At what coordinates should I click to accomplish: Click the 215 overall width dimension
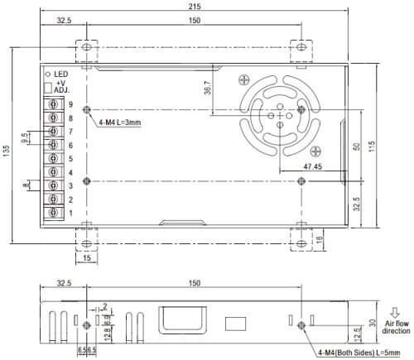[x=195, y=6]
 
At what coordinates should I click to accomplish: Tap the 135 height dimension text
[x=6, y=151]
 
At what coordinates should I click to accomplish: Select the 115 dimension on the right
[x=372, y=146]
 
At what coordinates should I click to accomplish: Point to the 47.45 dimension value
[x=313, y=166]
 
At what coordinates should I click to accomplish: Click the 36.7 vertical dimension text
[x=208, y=88]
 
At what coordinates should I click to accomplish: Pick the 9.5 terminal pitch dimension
[x=25, y=138]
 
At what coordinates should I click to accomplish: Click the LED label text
[x=61, y=74]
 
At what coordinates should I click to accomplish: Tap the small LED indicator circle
[x=48, y=74]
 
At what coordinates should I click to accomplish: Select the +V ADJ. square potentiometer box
[x=48, y=88]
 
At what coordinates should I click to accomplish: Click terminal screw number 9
[x=53, y=104]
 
